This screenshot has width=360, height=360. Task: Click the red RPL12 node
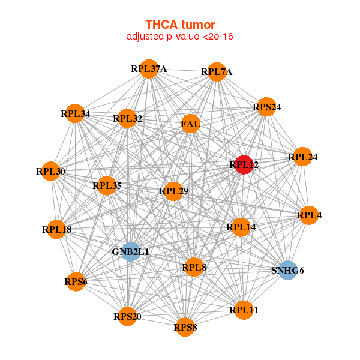[243, 164]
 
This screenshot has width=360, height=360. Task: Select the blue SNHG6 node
[288, 270]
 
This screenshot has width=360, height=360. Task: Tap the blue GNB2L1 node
[129, 251]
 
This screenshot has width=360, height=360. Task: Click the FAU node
[190, 124]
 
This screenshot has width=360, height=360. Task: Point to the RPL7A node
[217, 72]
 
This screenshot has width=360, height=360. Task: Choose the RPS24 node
[266, 107]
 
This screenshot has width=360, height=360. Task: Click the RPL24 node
[302, 157]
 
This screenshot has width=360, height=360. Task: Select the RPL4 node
[309, 215]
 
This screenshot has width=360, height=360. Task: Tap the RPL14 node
[241, 227]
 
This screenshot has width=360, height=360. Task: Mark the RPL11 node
[244, 310]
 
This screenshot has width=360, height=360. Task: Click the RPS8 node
[185, 327]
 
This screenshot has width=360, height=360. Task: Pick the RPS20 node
[128, 316]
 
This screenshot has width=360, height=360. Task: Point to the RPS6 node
[76, 281]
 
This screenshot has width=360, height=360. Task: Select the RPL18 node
[57, 229]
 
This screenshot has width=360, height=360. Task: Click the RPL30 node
[51, 172]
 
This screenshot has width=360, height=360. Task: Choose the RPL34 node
[75, 113]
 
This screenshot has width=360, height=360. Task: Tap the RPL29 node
[173, 191]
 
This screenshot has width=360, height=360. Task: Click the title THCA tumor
[180, 25]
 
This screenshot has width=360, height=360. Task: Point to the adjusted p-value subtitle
[180, 37]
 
